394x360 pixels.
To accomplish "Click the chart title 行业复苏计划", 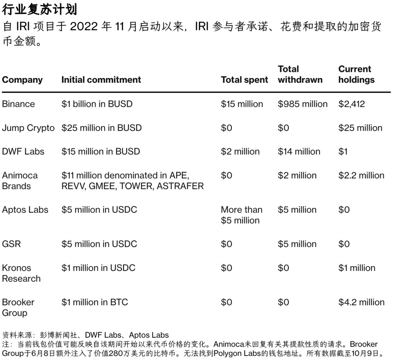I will click(39, 9).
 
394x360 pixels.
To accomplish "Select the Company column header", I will click(22, 80).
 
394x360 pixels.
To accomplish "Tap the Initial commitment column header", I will click(101, 80).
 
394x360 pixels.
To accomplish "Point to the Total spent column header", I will click(244, 80).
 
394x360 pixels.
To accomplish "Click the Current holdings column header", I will click(356, 74).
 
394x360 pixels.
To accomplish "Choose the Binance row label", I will click(18, 104).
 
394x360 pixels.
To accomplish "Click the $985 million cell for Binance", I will click(302, 104).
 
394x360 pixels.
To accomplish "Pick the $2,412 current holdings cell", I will click(351, 104).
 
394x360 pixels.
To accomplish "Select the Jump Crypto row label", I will click(28, 128).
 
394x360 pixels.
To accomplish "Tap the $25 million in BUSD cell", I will click(101, 128).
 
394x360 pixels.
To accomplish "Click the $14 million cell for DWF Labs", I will click(299, 152).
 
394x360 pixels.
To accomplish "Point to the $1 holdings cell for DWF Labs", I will click(343, 152).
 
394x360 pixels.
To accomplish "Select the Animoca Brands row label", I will click(20, 181).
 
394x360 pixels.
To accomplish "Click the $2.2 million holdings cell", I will click(361, 175).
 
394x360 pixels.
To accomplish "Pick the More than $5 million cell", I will click(242, 215).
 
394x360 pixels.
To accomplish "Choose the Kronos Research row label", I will click(21, 273).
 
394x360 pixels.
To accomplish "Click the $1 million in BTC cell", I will click(94, 302).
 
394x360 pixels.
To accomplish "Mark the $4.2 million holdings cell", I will click(361, 302).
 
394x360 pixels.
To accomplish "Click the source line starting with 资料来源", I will click(85, 335).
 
